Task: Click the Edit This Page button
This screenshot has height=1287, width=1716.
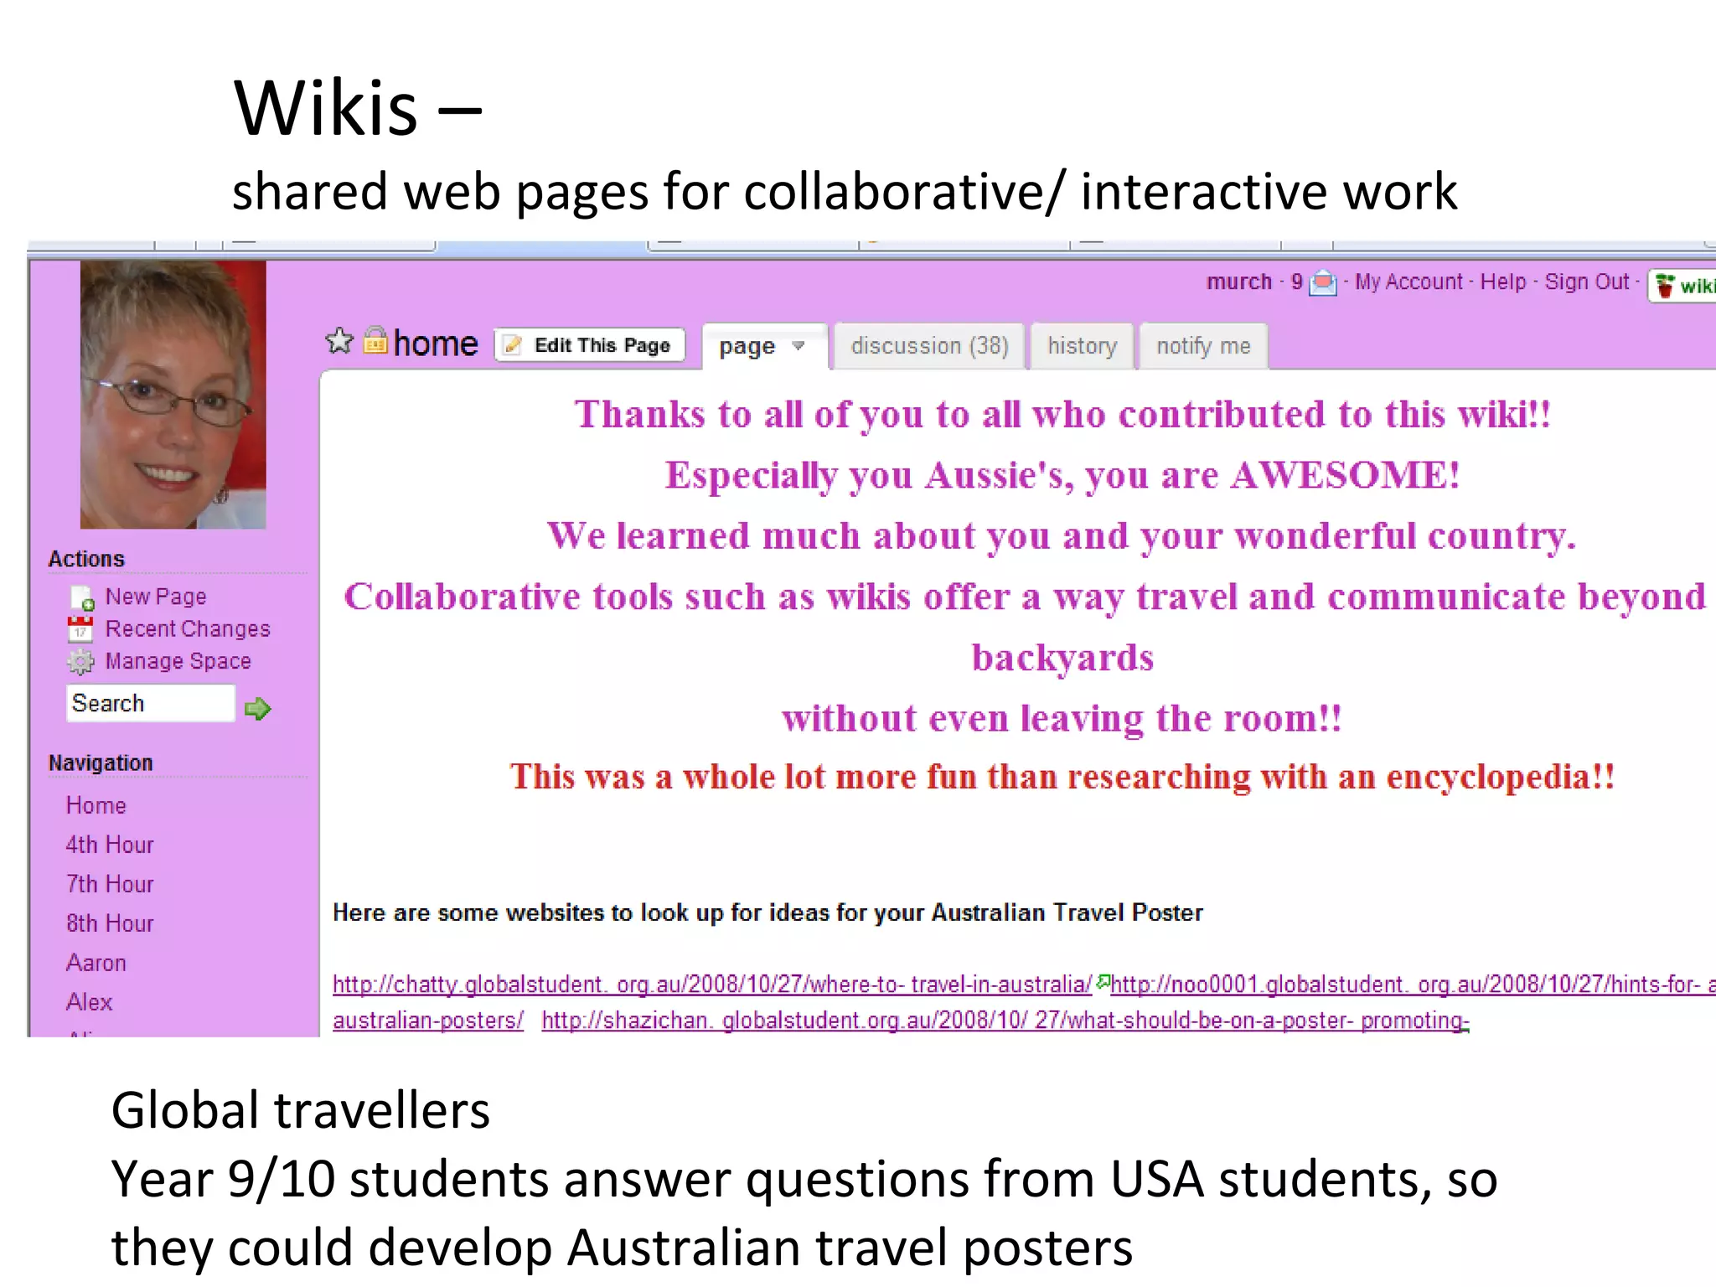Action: (590, 345)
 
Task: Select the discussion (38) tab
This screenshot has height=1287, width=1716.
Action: (929, 346)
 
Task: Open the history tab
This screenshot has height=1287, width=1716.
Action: (1082, 346)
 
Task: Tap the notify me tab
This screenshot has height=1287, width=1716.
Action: (1203, 346)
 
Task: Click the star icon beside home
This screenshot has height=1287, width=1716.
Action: (339, 341)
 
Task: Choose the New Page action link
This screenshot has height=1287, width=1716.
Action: (155, 597)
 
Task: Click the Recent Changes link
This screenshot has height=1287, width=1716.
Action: (187, 629)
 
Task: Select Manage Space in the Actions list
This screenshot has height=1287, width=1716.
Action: (178, 662)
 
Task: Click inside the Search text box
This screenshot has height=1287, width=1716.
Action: (149, 704)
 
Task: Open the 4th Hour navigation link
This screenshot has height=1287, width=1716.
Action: (110, 845)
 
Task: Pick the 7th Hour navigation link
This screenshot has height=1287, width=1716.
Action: (110, 884)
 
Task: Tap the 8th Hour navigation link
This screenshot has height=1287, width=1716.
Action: (110, 923)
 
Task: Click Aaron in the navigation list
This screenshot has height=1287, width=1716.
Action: (96, 963)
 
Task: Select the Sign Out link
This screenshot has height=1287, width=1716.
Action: (1586, 282)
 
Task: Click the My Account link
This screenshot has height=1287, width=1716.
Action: (1408, 282)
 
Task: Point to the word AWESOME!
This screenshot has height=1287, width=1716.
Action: (1345, 475)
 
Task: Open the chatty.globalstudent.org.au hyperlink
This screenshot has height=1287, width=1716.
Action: (711, 985)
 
